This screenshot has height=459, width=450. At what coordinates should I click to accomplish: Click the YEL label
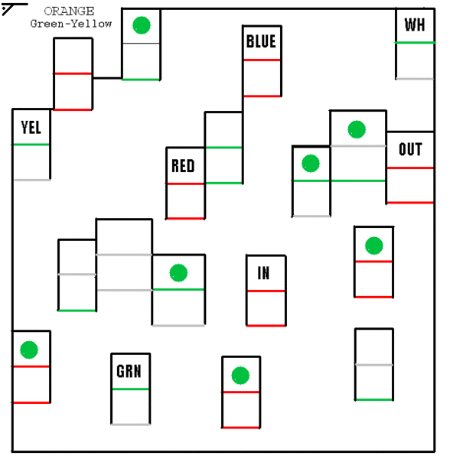pos(31,127)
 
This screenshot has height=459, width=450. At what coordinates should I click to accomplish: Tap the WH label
pos(415,25)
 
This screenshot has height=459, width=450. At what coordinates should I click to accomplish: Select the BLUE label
pos(261,41)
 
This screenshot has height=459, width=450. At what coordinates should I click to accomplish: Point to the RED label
pos(183,166)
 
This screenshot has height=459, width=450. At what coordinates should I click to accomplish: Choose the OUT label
pos(410,149)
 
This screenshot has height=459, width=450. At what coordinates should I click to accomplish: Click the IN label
pos(264,273)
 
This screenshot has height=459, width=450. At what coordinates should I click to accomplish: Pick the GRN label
pos(129,372)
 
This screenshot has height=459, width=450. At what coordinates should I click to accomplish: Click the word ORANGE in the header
pos(70,11)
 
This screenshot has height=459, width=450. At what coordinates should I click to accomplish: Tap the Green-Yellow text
pos(71,24)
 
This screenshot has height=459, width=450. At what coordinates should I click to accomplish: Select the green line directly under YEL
pos(31,145)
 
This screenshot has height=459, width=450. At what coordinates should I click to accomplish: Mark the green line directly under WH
pos(415,43)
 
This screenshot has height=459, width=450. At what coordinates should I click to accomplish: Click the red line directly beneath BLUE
pos(262,60)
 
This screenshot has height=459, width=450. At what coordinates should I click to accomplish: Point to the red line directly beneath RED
pos(185,184)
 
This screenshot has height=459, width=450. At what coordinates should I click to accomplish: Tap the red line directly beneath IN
pos(266,291)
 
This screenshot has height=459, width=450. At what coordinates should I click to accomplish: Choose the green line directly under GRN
pos(130,389)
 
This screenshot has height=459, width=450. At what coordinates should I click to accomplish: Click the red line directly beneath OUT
pos(410,168)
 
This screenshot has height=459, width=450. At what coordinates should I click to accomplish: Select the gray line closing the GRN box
pos(130,424)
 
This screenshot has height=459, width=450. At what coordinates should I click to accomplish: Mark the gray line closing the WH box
pos(415,78)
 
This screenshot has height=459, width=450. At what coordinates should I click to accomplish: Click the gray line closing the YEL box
pos(31,180)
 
